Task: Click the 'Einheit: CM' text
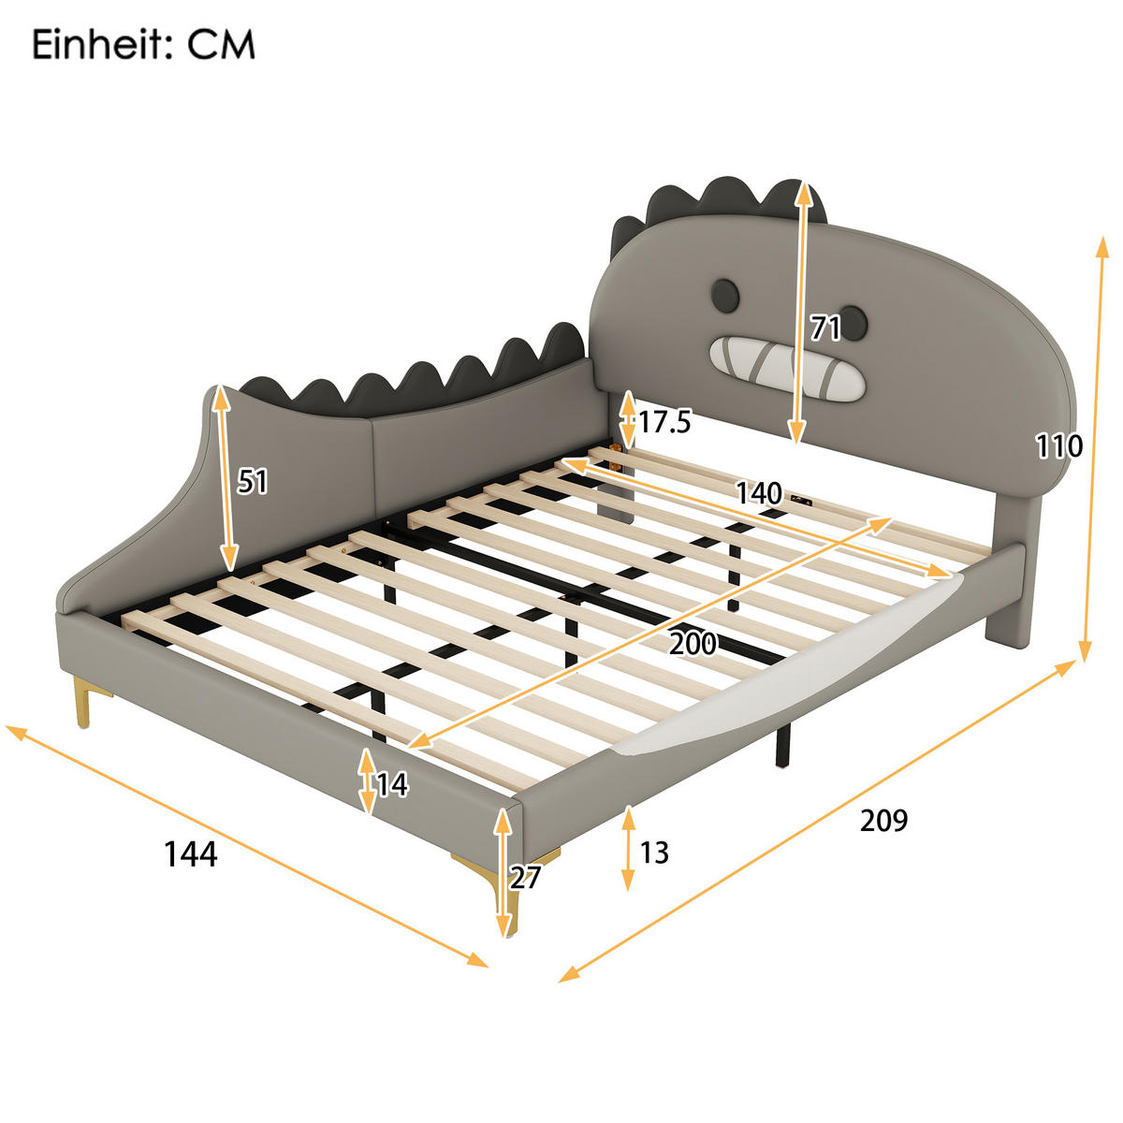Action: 143,44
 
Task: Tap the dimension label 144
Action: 191,853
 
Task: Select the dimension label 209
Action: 883,820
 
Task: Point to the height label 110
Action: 1058,445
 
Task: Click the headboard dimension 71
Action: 825,328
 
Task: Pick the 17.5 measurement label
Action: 664,422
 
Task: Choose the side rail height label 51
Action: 252,481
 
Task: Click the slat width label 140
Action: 758,492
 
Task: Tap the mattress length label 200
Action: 693,643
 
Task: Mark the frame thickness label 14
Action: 392,784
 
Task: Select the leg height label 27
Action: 526,877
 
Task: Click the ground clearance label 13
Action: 654,853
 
